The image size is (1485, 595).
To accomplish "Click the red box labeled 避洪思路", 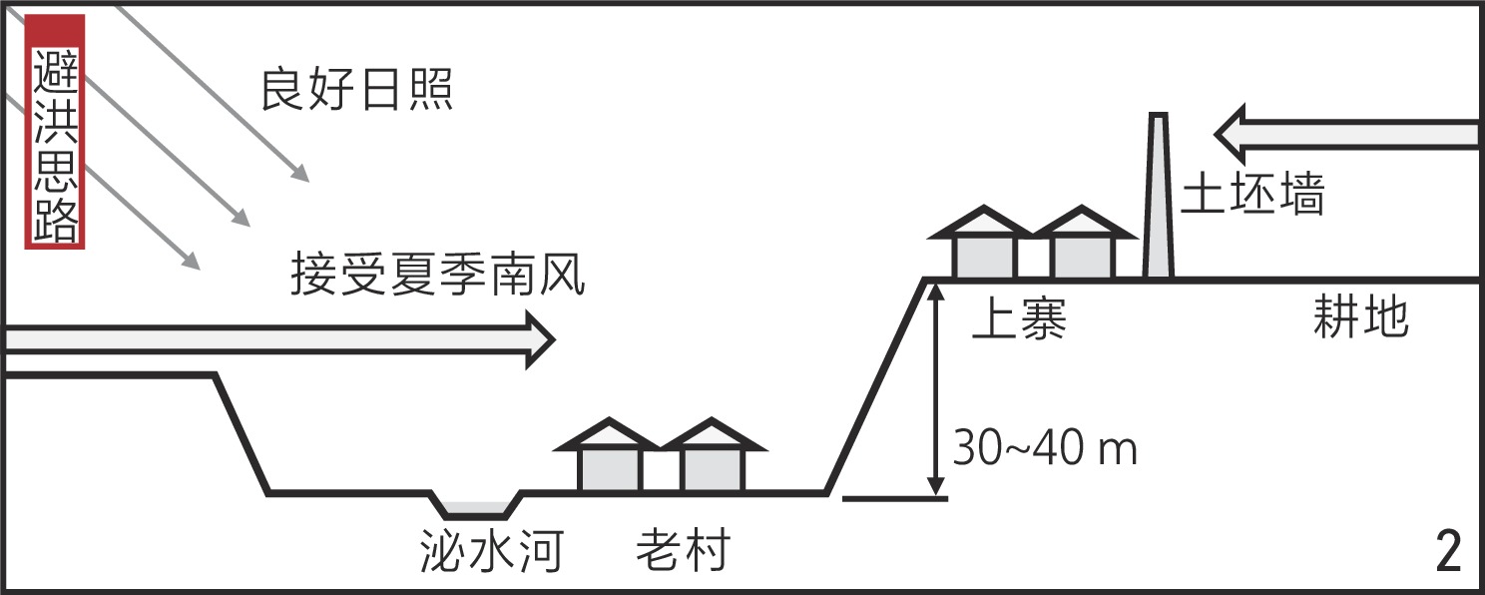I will tap(55, 132).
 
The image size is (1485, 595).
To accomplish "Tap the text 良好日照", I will tap(356, 90).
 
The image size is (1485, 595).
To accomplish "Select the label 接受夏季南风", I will tap(437, 274).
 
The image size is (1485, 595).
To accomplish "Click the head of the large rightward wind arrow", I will tap(539, 339).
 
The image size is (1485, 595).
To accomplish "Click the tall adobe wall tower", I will tap(1158, 200).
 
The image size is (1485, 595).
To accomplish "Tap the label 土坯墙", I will tap(1252, 196).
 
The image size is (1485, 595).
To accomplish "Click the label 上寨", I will tap(1020, 320).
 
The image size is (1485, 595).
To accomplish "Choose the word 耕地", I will tap(1359, 318).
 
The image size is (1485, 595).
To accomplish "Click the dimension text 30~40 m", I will tap(1045, 449).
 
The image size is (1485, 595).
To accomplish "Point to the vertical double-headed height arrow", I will tap(935, 389).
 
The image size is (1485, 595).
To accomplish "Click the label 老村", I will tap(684, 550).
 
